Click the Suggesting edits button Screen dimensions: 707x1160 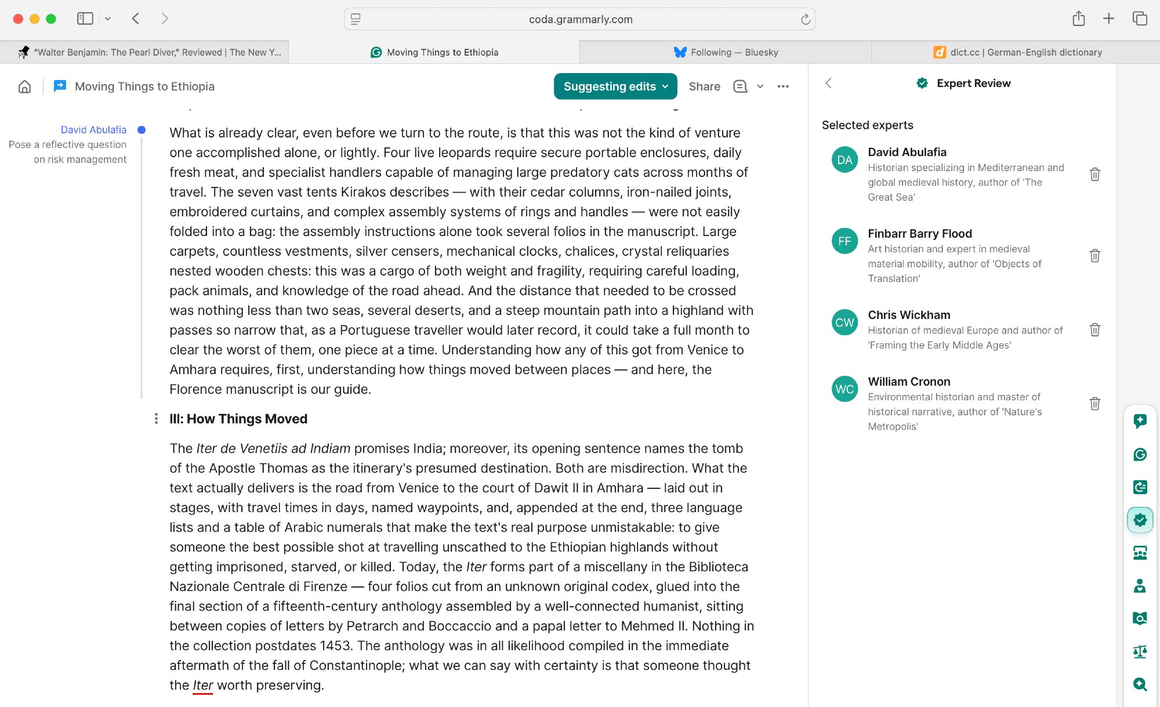(x=615, y=86)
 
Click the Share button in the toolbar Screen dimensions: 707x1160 (x=704, y=86)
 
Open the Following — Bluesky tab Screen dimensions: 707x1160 (x=726, y=52)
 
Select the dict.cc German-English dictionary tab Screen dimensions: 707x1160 (x=1018, y=52)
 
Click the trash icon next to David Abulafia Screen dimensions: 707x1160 (x=1094, y=175)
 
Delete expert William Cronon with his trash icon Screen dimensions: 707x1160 (x=1094, y=404)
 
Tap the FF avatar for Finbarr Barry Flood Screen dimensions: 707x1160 (x=844, y=241)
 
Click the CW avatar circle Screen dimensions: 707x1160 (x=844, y=322)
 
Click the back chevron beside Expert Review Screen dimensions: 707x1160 (x=829, y=83)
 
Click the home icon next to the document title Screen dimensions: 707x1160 (x=24, y=86)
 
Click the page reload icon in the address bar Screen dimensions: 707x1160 (x=806, y=19)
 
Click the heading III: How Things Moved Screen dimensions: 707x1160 (x=238, y=419)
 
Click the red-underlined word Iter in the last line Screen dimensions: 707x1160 (x=203, y=685)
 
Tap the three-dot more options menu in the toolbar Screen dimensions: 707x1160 (x=783, y=86)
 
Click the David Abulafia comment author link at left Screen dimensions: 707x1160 (x=93, y=130)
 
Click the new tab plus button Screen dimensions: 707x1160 (x=1108, y=19)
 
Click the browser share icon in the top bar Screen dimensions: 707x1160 (x=1078, y=19)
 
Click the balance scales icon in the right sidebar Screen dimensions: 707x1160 (x=1140, y=651)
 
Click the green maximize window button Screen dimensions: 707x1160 (x=51, y=19)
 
